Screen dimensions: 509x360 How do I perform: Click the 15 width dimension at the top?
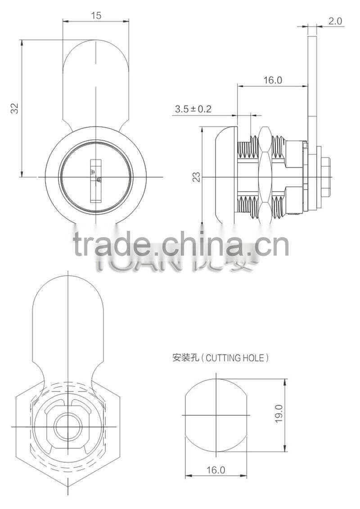point(96,15)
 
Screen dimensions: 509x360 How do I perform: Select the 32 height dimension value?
point(14,108)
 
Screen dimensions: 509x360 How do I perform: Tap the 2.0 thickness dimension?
point(336,21)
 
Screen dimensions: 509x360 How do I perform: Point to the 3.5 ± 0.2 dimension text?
point(193,109)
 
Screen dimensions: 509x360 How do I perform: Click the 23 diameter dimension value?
point(196,176)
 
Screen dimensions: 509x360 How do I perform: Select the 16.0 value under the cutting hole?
point(216,470)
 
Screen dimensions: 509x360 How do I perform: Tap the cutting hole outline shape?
point(217,414)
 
